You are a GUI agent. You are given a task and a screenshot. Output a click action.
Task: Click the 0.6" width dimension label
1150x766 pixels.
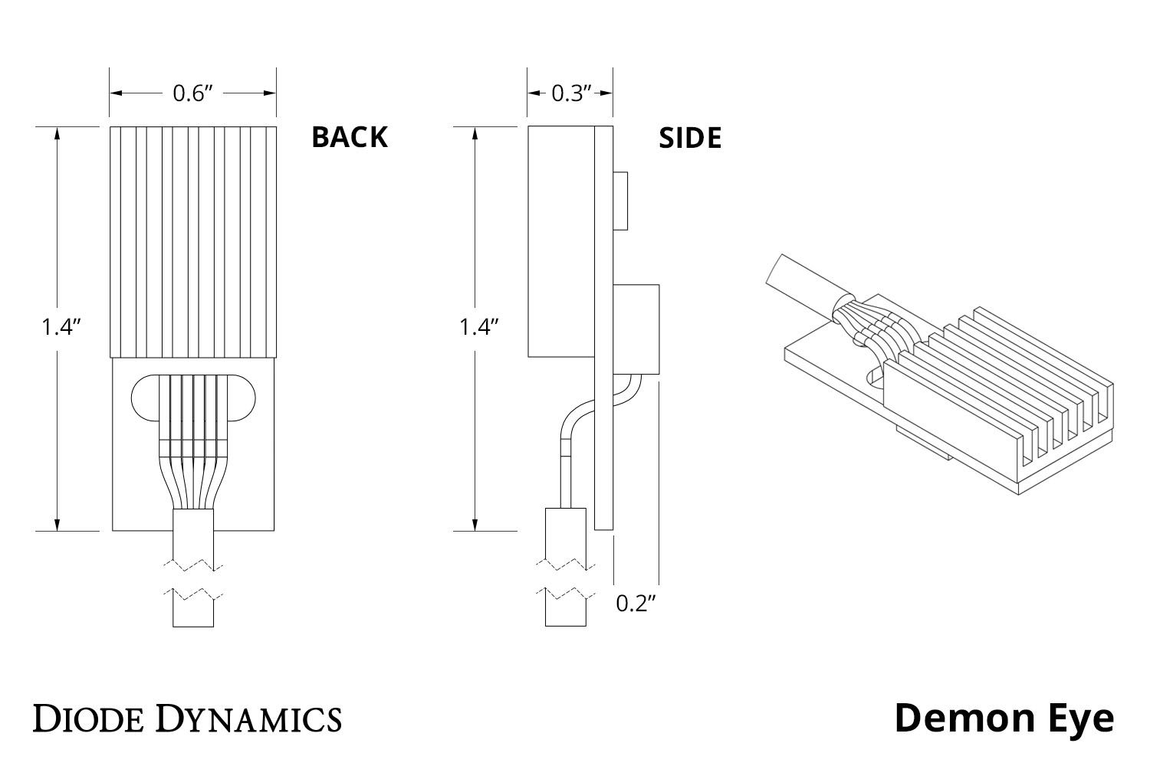click(192, 93)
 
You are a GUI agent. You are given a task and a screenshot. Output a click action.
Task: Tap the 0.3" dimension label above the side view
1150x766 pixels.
click(571, 93)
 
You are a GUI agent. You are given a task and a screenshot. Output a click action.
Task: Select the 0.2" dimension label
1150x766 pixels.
click(637, 604)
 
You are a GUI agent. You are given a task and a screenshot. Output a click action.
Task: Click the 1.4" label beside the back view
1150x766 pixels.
click(61, 327)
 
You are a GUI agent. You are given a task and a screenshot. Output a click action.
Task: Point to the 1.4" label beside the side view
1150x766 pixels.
click(479, 327)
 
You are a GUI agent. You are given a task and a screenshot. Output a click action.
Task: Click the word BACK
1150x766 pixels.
click(349, 137)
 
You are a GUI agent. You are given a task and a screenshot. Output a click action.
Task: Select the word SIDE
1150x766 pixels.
click(690, 138)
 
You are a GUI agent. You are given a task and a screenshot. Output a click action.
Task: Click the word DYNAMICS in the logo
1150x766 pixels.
click(249, 719)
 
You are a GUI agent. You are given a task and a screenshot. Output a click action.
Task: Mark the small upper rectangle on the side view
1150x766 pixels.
click(621, 201)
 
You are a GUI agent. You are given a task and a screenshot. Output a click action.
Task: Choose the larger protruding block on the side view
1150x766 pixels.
click(636, 329)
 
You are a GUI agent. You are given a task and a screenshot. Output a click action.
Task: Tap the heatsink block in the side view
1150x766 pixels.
click(561, 241)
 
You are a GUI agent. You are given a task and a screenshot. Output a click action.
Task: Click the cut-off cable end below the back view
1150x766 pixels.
click(193, 610)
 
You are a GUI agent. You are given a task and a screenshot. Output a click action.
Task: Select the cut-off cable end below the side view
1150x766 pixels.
click(566, 608)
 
